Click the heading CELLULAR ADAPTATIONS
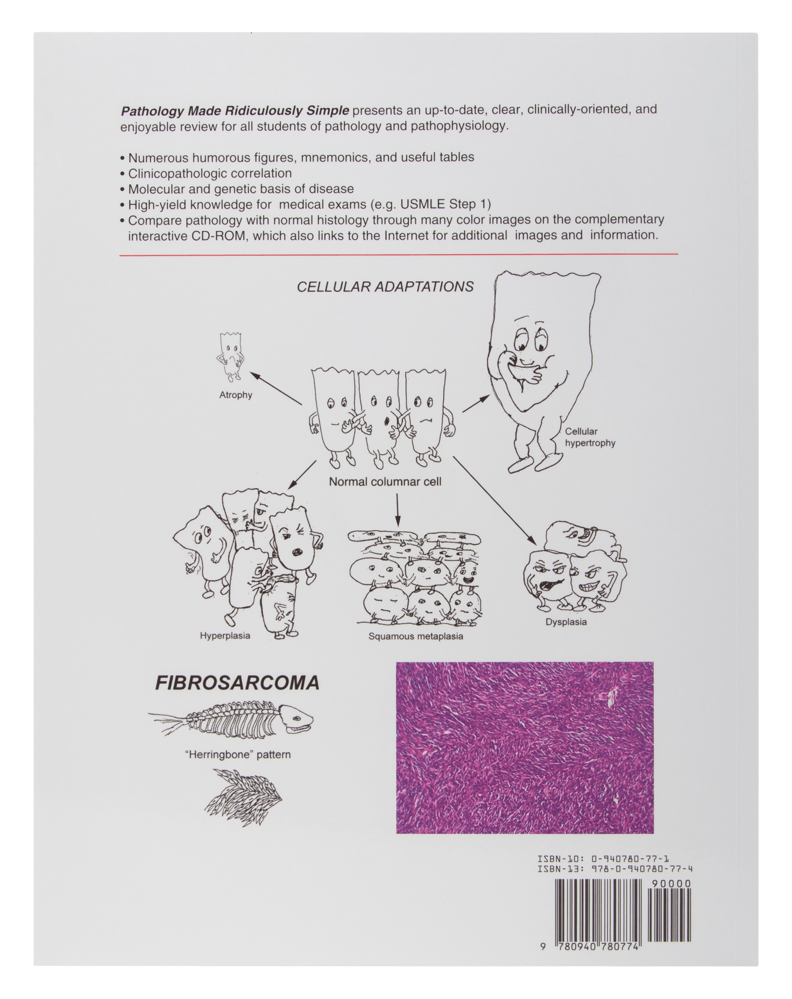385,287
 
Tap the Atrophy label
236,395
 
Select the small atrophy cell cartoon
230,357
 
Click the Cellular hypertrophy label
590,437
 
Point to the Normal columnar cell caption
385,482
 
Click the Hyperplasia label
225,636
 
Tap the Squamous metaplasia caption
416,636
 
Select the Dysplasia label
566,622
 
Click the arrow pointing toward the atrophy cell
276,388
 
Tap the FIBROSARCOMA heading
237,683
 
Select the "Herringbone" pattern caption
238,755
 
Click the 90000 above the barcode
671,884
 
